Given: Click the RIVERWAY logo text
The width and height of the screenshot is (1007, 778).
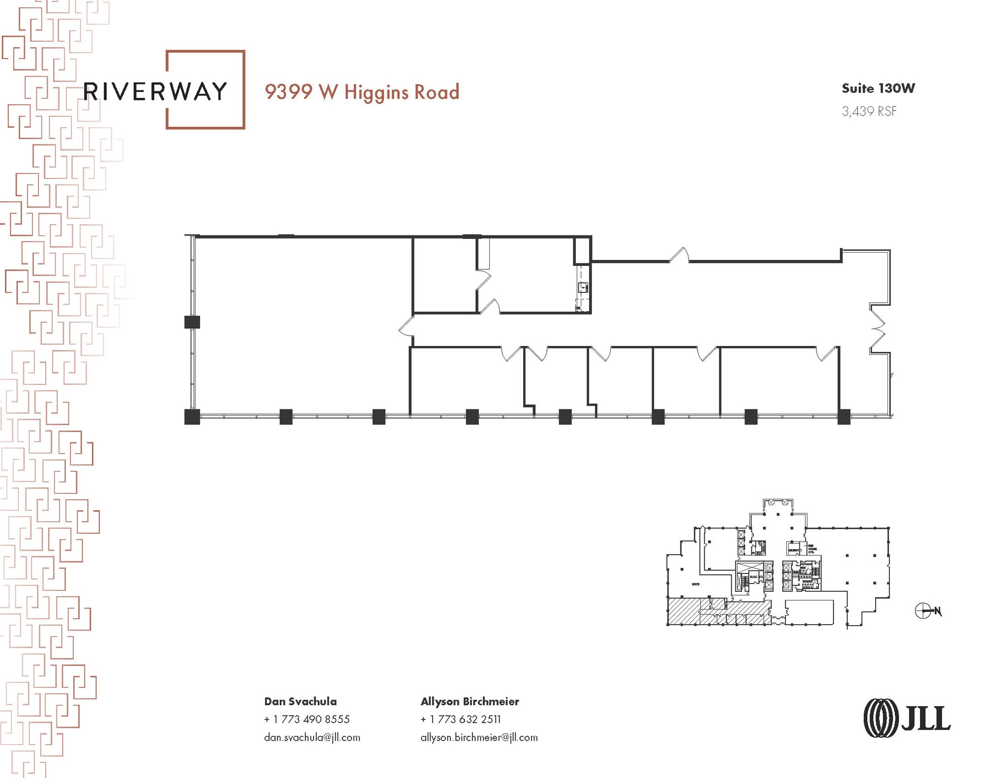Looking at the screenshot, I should (x=155, y=91).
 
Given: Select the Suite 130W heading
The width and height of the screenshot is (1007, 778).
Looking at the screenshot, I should (x=878, y=88).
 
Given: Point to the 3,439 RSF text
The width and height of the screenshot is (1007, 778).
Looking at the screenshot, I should (x=869, y=112).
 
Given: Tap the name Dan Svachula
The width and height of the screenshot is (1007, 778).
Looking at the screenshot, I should (x=300, y=701).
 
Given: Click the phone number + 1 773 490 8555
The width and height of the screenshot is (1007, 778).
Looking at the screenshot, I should (x=307, y=719).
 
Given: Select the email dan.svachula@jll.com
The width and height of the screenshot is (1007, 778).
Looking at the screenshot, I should (x=312, y=737).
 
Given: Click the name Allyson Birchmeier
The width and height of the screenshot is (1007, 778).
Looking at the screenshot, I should (x=470, y=701).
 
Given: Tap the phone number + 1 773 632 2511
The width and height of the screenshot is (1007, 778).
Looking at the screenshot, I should (x=461, y=719).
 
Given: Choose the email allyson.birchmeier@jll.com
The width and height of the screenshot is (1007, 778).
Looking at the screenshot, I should (x=479, y=737).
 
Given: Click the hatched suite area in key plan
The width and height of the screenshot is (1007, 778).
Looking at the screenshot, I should (x=688, y=611).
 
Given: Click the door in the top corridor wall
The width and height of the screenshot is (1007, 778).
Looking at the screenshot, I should (x=679, y=256).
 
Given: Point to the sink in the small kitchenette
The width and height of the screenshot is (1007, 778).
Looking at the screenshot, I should (x=583, y=287).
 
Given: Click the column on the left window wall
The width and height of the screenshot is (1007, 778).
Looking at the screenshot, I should (x=192, y=322).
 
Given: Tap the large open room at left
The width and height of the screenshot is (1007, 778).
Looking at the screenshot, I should (x=300, y=324).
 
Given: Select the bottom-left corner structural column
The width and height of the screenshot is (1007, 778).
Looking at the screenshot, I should (x=192, y=417).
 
